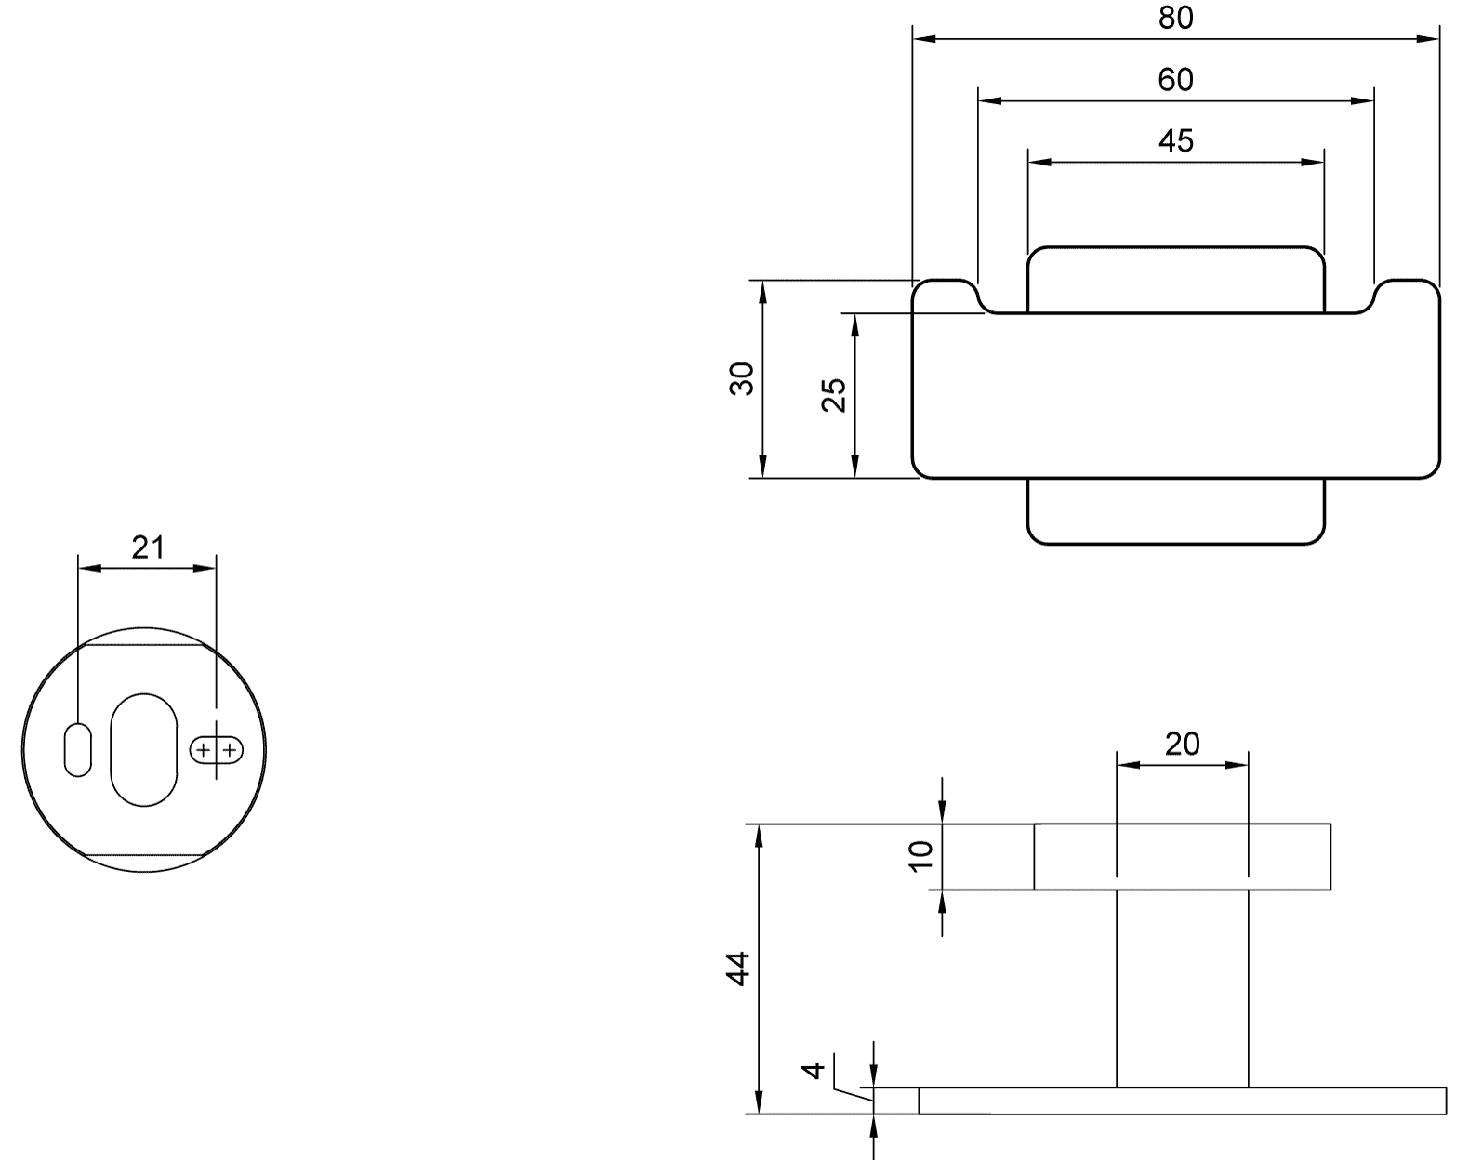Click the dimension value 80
point(1176,19)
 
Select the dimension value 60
point(1176,80)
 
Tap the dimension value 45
point(1176,140)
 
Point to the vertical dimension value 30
point(742,378)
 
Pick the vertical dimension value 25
point(833,395)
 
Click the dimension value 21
point(148,547)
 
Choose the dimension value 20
point(1183,744)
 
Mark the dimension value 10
point(920,856)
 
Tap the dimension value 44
point(738,969)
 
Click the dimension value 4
point(813,1071)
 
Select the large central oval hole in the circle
point(144,750)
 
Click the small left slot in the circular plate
point(78,750)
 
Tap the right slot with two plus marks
point(217,750)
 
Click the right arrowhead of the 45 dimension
point(1314,163)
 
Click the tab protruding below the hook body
point(1176,511)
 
